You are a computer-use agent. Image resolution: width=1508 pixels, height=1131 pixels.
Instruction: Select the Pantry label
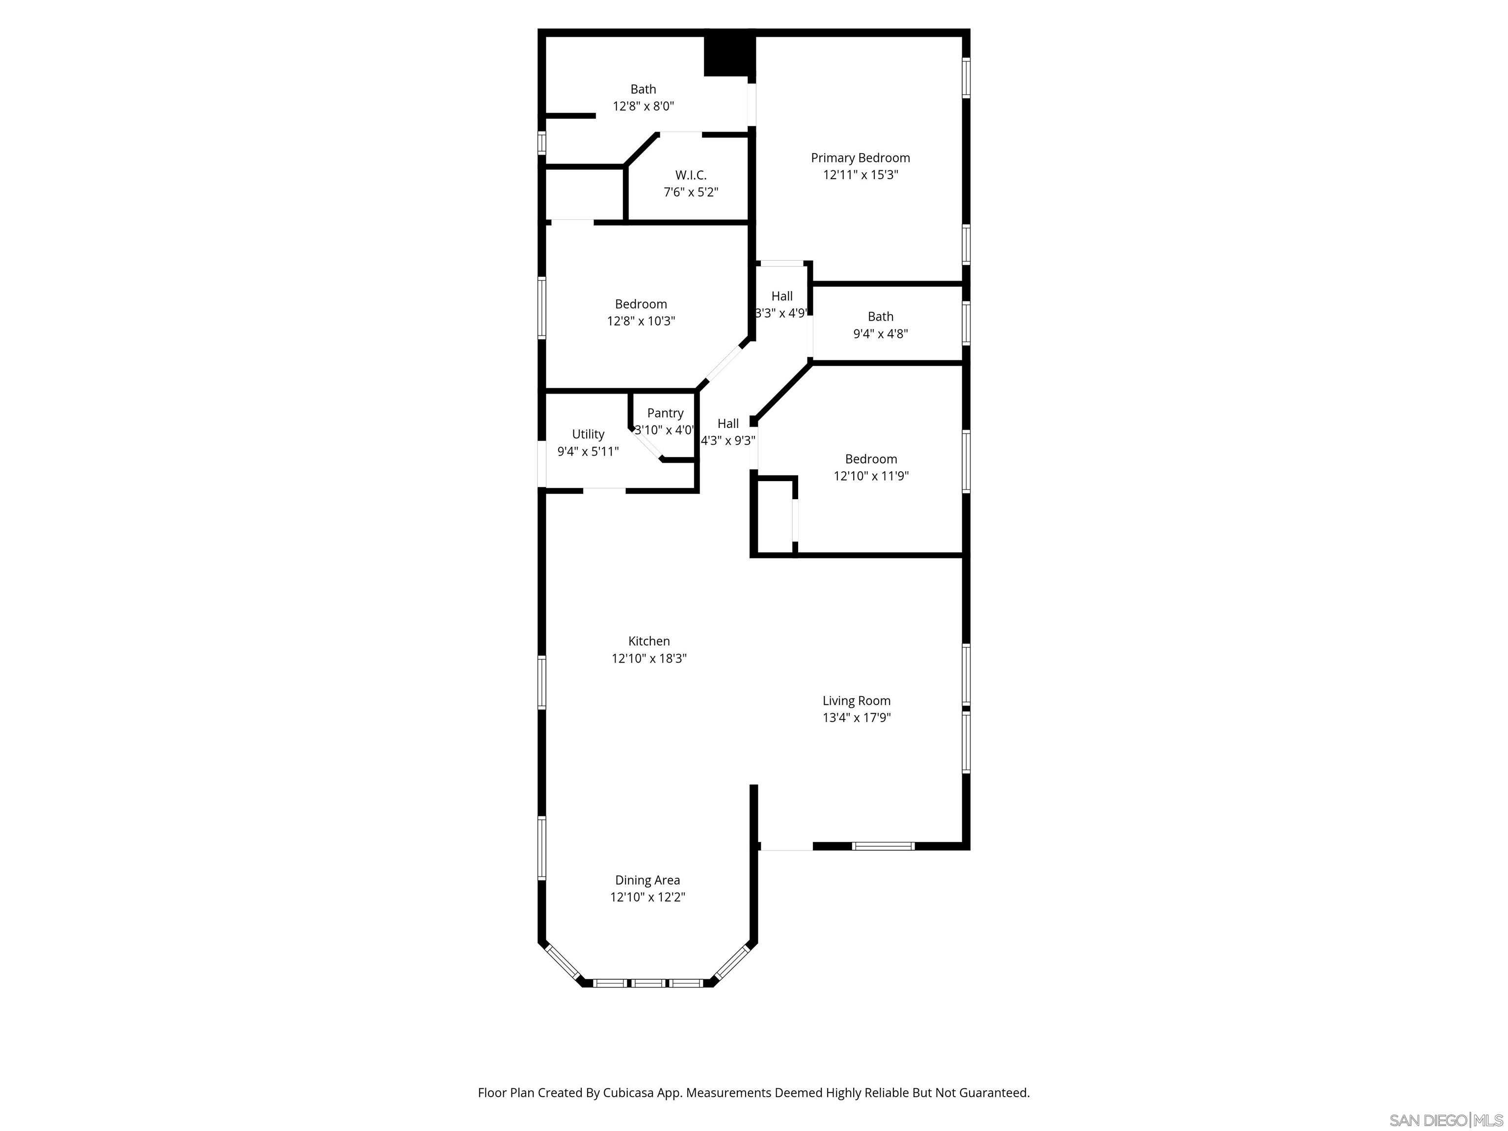[x=665, y=413]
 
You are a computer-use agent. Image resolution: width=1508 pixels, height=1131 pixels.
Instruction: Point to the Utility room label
[x=588, y=434]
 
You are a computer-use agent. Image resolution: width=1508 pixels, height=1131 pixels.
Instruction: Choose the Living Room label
[x=856, y=701]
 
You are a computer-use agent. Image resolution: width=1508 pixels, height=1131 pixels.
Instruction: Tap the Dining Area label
[x=647, y=880]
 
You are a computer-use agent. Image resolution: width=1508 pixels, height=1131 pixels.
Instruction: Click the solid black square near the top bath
[x=727, y=54]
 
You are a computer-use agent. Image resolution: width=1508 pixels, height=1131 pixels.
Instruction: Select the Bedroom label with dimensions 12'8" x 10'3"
[x=640, y=304]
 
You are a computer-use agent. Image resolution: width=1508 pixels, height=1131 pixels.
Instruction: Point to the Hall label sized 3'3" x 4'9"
[x=781, y=296]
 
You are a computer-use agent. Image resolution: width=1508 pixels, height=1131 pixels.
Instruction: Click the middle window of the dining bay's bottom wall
[x=647, y=983]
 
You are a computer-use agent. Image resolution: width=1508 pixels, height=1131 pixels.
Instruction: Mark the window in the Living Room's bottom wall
[x=883, y=846]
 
